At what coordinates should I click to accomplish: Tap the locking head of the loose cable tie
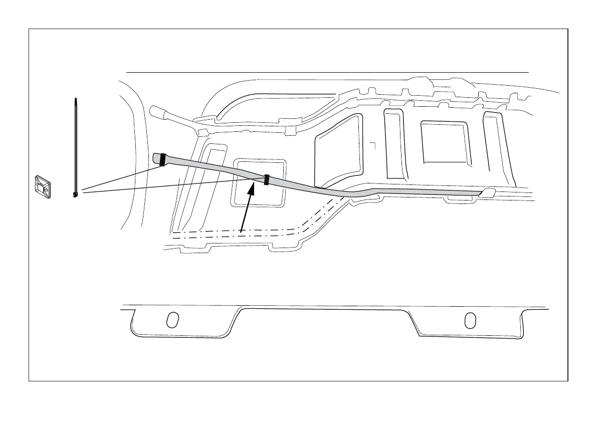[75, 194]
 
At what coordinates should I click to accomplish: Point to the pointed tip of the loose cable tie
[75, 100]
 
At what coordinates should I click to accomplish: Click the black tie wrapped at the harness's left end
[162, 159]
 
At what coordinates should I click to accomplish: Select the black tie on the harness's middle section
[267, 180]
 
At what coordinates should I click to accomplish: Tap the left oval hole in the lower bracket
[172, 320]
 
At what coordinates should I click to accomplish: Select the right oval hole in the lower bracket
[470, 320]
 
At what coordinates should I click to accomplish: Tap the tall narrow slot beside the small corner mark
[394, 143]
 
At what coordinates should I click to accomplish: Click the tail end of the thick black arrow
[242, 231]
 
